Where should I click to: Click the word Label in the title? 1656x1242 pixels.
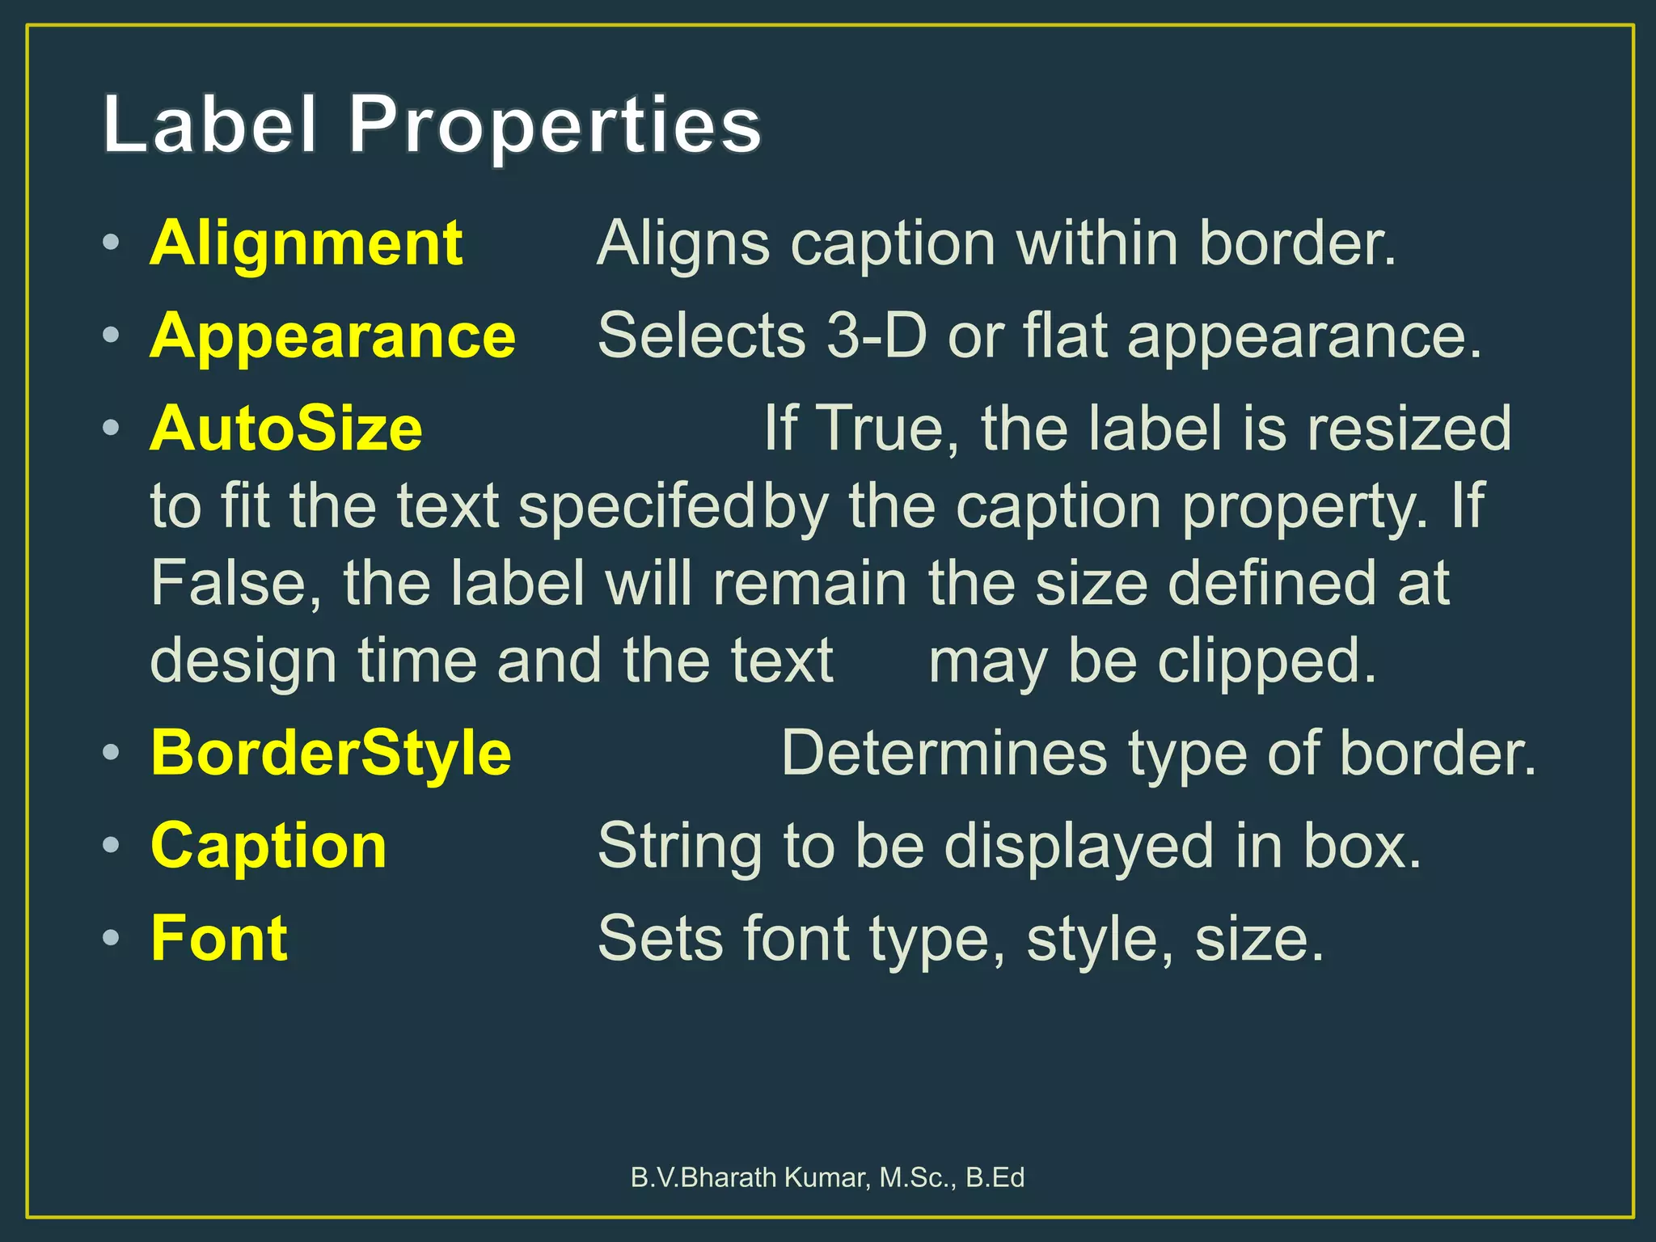point(209,125)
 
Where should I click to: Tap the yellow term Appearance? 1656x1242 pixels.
point(332,336)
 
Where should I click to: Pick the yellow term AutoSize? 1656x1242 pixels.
point(286,429)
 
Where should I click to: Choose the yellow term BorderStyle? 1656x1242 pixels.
point(331,753)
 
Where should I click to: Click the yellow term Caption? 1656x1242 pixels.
point(268,846)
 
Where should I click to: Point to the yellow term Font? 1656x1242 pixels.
point(219,938)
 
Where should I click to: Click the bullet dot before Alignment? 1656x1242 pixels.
point(112,243)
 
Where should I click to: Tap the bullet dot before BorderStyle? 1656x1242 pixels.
point(112,753)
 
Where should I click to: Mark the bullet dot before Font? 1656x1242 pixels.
point(112,938)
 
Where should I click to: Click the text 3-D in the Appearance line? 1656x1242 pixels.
point(876,336)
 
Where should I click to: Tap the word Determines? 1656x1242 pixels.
point(944,753)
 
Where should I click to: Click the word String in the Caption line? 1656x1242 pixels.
point(679,846)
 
